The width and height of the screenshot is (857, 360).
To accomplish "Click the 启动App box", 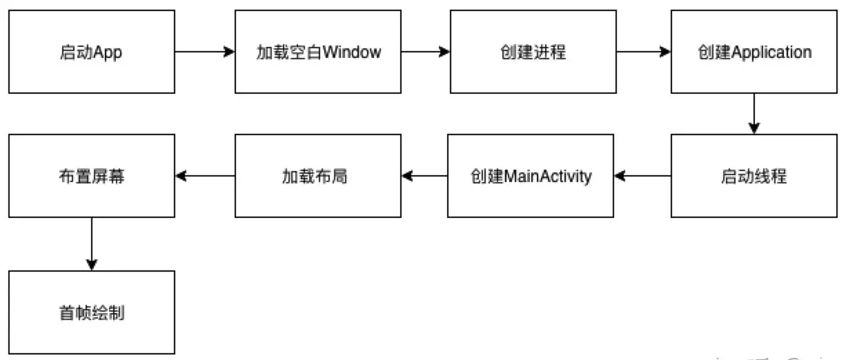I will pyautogui.click(x=92, y=52).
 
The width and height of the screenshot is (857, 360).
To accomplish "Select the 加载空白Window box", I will pyautogui.click(x=317, y=52).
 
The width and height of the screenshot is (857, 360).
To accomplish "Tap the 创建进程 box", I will pyautogui.click(x=533, y=52).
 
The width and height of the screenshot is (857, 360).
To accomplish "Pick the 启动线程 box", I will pyautogui.click(x=753, y=176).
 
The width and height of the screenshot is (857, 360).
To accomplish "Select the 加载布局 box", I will pyautogui.click(x=317, y=176).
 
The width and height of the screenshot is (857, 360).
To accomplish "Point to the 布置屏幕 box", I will pyautogui.click(x=92, y=176).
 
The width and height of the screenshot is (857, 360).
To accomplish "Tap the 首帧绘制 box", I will pyautogui.click(x=92, y=312).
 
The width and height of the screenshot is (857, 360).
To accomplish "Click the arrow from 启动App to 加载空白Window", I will pyautogui.click(x=205, y=52).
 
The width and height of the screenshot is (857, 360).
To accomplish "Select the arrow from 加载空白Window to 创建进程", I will pyautogui.click(x=426, y=52).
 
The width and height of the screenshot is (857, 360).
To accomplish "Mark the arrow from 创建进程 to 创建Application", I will pyautogui.click(x=644, y=52).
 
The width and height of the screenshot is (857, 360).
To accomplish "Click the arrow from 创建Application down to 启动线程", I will pyautogui.click(x=753, y=114).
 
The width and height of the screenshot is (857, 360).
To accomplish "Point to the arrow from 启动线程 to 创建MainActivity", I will pyautogui.click(x=643, y=177).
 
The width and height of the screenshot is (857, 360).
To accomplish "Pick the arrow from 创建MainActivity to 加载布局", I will pyautogui.click(x=424, y=177).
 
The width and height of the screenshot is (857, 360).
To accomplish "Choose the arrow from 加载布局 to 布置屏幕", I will pyautogui.click(x=205, y=177).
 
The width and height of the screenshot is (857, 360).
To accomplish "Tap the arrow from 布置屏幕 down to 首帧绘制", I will pyautogui.click(x=92, y=244).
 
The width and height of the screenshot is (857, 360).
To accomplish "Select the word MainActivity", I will pyautogui.click(x=549, y=177).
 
